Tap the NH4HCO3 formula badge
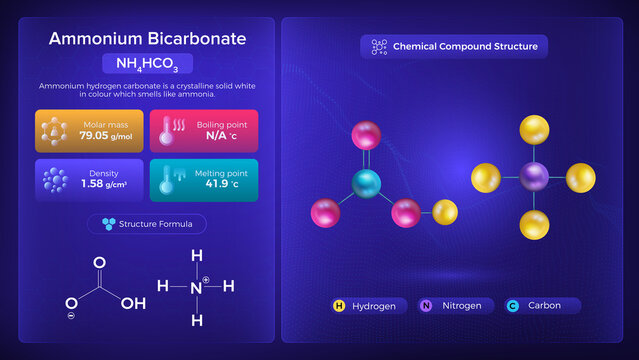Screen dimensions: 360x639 [147, 65]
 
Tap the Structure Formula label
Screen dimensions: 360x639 [147, 224]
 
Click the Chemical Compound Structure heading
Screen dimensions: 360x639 [454, 46]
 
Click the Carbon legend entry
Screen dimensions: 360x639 [541, 305]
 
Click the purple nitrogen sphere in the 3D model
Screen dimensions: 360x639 [533, 178]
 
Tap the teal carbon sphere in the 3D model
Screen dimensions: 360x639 [367, 183]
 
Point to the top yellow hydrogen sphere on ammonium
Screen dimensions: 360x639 [534, 131]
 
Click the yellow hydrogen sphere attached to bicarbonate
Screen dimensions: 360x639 [444, 213]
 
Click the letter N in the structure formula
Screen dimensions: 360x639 [197, 287]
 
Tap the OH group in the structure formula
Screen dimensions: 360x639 [133, 301]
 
